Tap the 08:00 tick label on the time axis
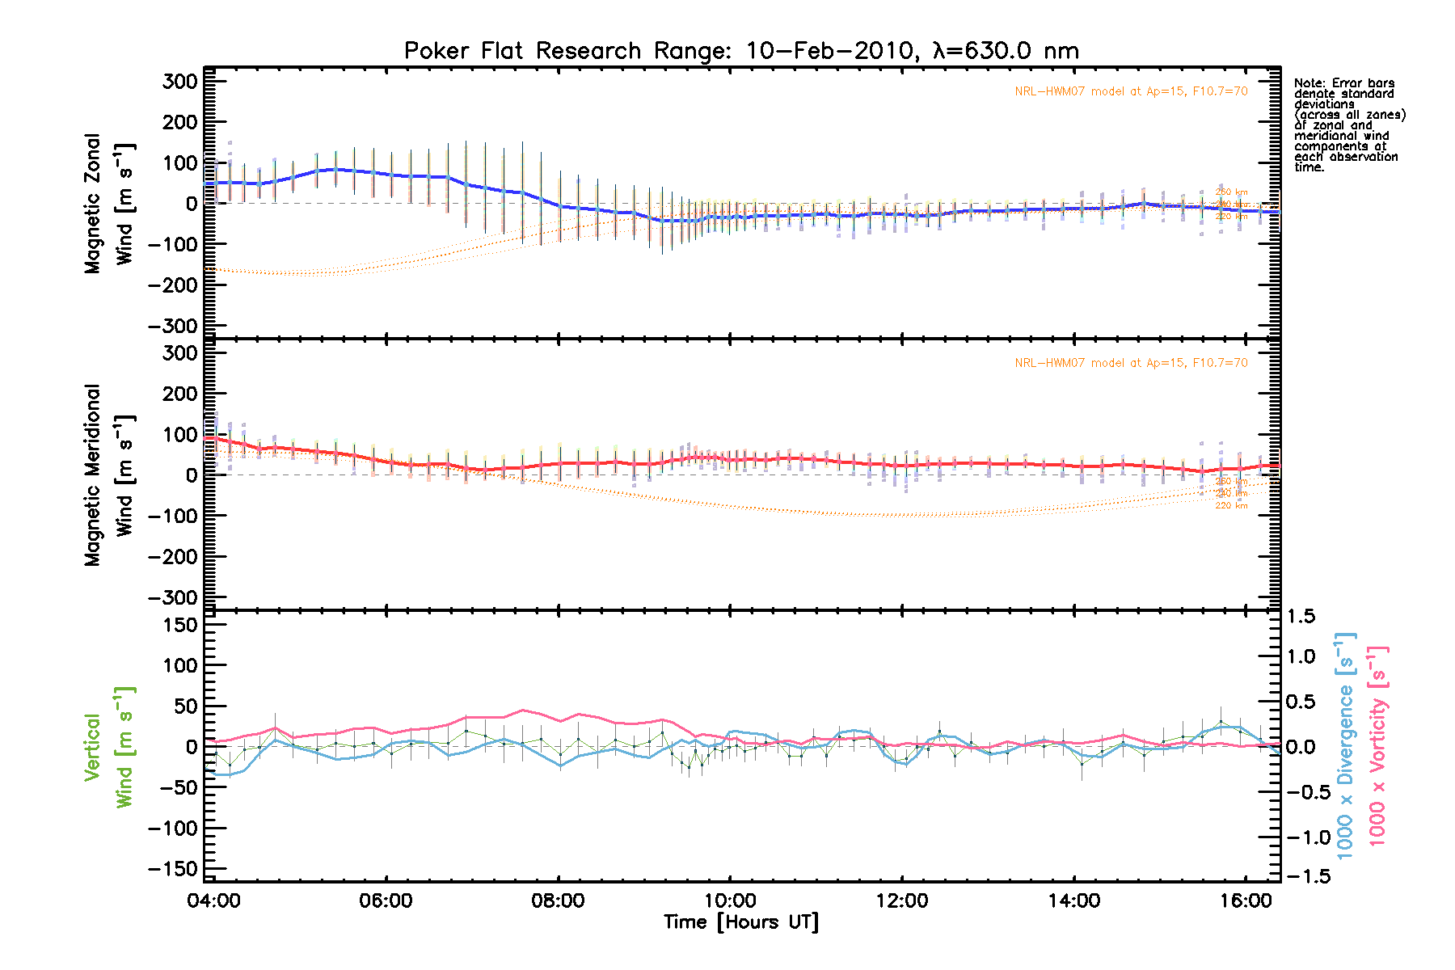[x=558, y=900]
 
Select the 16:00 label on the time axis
[x=1246, y=900]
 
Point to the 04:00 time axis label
[x=214, y=900]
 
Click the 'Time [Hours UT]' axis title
[x=740, y=922]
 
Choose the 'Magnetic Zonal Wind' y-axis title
[x=110, y=204]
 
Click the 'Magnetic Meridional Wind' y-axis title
[x=110, y=474]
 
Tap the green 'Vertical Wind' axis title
[x=108, y=747]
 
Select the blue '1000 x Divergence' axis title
[x=1344, y=745]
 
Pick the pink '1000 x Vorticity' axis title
[x=1377, y=745]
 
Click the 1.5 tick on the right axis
[x=1301, y=617]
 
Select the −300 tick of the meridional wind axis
[x=174, y=597]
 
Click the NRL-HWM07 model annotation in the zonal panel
[x=1131, y=91]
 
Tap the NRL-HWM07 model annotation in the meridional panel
[x=1131, y=363]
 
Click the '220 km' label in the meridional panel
[x=1231, y=506]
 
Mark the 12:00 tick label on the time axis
[x=902, y=900]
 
